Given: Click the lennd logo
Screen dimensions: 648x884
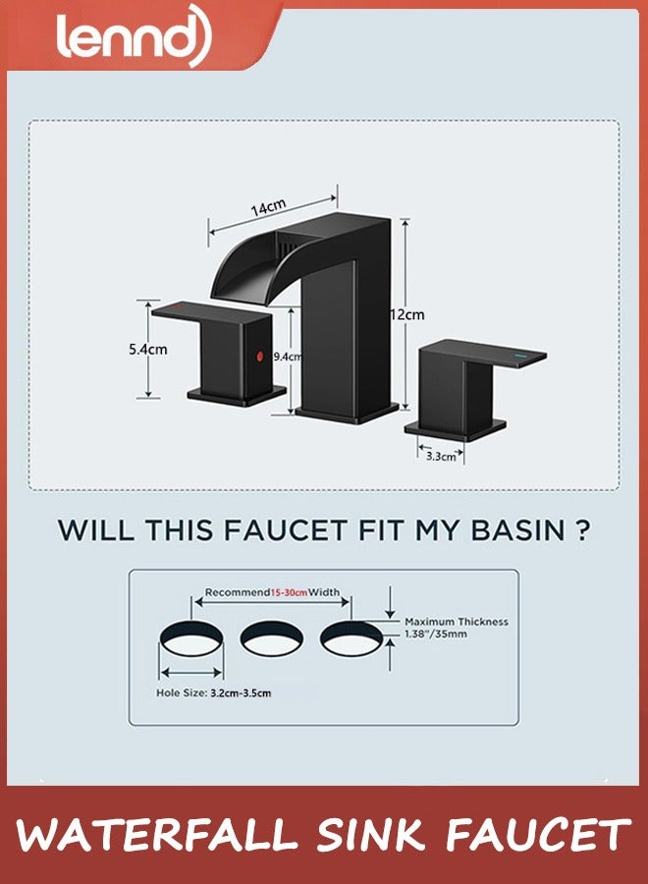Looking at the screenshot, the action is pos(134,35).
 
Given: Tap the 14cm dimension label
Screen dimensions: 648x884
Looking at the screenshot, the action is pos(268,207).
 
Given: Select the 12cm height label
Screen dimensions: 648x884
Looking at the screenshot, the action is pos(407,314).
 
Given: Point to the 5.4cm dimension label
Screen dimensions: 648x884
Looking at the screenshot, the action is pos(147,349).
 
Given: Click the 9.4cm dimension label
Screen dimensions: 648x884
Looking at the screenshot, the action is pos(288,357).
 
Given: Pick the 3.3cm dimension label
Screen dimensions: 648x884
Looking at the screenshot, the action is pos(441,456).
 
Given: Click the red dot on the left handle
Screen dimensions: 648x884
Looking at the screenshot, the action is pos(260,356).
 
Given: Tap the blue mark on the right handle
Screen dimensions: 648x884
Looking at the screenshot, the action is pos(519,357).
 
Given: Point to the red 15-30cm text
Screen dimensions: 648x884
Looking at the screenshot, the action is pos(289,592).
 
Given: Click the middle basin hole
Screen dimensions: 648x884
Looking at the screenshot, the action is pos(272,638).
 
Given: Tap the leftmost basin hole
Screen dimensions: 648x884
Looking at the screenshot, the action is pos(191,638).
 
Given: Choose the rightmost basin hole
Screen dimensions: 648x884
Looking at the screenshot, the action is pos(351,638).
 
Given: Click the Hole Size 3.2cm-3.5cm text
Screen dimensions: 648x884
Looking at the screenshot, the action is pos(214,692).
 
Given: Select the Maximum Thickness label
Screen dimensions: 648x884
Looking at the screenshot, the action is pos(457,622).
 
